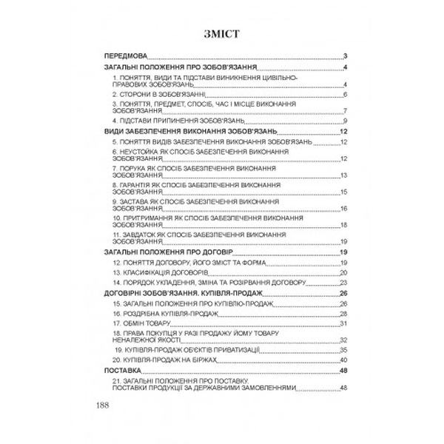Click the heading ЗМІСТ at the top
coord(222,34)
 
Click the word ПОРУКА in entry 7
coord(129,169)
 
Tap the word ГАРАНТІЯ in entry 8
coord(133,185)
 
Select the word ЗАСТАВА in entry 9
coord(132,201)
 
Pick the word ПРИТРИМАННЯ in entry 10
coord(142,218)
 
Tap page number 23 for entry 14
coord(343,283)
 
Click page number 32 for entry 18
coord(343,340)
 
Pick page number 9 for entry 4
coord(346,121)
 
